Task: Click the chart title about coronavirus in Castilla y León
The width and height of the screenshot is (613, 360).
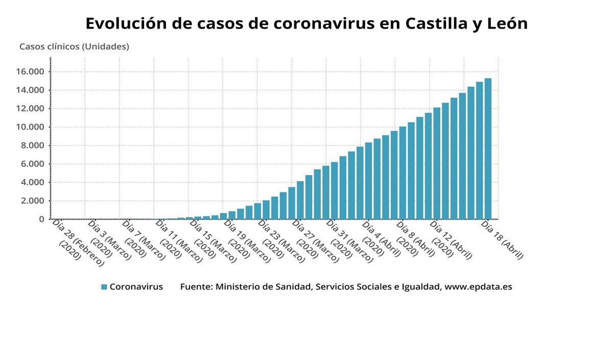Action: [306, 23]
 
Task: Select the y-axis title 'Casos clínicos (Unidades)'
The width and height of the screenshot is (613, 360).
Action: [74, 46]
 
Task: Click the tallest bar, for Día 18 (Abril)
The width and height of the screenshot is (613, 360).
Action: [488, 149]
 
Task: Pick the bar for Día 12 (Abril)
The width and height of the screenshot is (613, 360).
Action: [437, 163]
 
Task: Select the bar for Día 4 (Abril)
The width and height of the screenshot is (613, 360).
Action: [368, 181]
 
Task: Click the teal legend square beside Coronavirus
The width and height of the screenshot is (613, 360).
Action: [104, 287]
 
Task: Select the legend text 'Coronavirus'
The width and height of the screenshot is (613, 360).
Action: [136, 287]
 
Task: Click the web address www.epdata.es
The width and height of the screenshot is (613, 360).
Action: [478, 287]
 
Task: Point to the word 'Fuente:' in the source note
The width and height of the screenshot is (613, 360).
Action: [196, 287]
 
